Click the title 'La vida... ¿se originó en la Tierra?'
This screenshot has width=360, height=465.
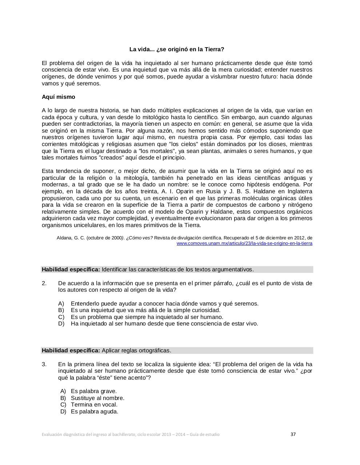[177, 49]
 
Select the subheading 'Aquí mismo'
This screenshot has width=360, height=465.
[58, 97]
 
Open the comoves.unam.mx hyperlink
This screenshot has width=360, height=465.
[244, 243]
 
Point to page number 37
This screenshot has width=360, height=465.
[293, 434]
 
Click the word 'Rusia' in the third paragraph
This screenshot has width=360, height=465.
[213, 191]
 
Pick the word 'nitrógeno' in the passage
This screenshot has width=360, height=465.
[299, 205]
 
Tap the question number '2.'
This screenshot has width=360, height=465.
[44, 283]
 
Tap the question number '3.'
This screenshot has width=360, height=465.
[44, 364]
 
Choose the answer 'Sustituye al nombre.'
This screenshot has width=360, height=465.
[97, 398]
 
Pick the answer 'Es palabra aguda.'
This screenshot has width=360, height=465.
[95, 412]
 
